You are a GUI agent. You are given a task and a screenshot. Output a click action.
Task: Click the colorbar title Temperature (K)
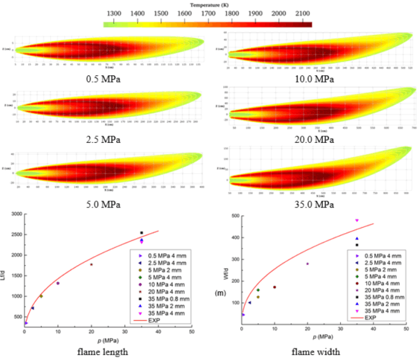(x=208, y=4)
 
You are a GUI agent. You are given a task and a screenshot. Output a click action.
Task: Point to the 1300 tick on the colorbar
(x=114, y=13)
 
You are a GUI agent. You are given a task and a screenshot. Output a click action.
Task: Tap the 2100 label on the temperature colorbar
(x=302, y=13)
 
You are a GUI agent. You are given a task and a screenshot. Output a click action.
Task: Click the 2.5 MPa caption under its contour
(x=99, y=139)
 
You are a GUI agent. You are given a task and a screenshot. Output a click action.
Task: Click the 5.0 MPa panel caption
(x=99, y=204)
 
